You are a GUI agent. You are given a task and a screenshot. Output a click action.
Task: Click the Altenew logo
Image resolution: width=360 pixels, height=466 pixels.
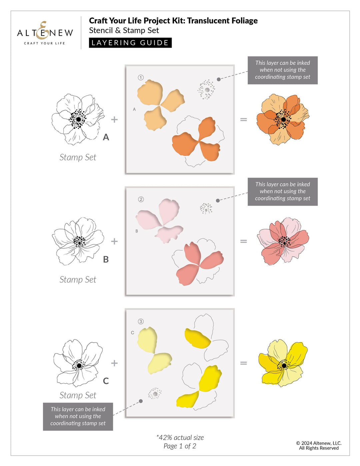[x=45, y=33]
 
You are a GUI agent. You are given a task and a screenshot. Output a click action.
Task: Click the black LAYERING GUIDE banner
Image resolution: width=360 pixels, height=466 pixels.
[x=130, y=43]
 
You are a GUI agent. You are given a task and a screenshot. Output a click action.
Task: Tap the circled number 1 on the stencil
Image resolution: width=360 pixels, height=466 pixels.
[x=141, y=78]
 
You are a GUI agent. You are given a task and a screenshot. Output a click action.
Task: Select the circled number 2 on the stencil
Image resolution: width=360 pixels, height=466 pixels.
[x=141, y=199]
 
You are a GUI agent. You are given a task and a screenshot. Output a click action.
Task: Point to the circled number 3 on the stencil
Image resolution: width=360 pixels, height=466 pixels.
[x=141, y=321]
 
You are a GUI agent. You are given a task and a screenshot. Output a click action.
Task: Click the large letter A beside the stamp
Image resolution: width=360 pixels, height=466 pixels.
[x=106, y=137]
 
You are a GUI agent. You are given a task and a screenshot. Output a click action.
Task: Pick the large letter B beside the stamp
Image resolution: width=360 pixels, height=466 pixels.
[x=106, y=259]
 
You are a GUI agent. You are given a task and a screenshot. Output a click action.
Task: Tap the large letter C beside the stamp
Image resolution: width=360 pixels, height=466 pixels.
[x=106, y=381]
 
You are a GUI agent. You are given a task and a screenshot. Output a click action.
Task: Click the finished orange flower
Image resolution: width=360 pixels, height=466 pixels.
[x=283, y=119]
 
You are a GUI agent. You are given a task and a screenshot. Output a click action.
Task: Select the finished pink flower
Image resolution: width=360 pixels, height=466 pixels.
[x=283, y=241]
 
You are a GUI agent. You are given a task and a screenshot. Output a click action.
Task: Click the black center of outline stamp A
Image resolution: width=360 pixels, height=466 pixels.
[x=78, y=119]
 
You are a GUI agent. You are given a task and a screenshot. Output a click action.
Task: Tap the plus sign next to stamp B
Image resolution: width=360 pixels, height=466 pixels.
[x=114, y=241]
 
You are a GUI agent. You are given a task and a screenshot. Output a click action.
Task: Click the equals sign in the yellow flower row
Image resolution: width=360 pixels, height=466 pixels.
[x=244, y=363]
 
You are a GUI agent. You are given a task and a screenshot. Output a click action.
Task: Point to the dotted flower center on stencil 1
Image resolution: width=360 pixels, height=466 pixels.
[x=207, y=90]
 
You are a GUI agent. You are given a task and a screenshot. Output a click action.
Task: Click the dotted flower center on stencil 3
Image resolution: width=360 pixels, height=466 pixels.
[x=155, y=393]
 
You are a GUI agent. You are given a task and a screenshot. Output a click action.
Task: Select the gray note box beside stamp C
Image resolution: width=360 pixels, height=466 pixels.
[x=78, y=416]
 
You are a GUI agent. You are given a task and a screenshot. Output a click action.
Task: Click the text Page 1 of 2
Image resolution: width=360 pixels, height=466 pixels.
[x=180, y=446]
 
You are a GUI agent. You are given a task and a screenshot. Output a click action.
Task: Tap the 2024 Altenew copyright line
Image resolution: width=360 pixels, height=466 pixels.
[x=319, y=443]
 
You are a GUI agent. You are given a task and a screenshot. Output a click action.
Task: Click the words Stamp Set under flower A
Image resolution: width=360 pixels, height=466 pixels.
[x=78, y=157]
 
